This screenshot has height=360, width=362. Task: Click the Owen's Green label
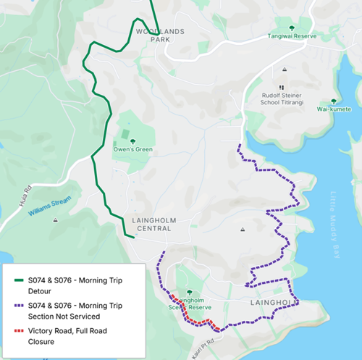click(131, 150)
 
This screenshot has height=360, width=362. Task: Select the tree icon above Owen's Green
click(131, 140)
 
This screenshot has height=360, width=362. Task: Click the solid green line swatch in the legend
click(15, 279)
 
